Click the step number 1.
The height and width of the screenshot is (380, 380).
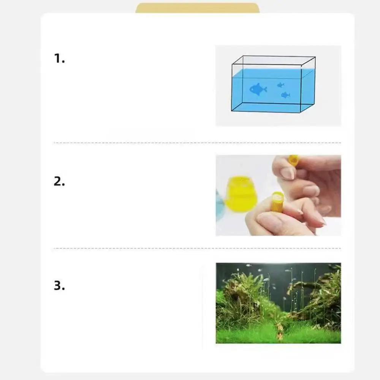click(59, 59)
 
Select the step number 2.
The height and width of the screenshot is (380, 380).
click(59, 181)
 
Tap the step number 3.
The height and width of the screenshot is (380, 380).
click(59, 285)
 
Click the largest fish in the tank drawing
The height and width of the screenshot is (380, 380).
click(258, 89)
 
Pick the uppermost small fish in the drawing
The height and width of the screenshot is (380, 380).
click(281, 85)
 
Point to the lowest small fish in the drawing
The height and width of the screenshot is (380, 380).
click(285, 95)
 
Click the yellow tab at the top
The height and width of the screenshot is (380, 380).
click(197, 8)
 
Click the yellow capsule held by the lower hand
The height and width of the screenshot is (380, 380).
click(277, 201)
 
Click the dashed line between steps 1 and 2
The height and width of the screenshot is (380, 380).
click(197, 143)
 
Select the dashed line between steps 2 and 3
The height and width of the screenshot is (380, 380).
click(197, 249)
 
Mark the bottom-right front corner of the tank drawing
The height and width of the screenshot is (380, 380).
click(301, 112)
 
